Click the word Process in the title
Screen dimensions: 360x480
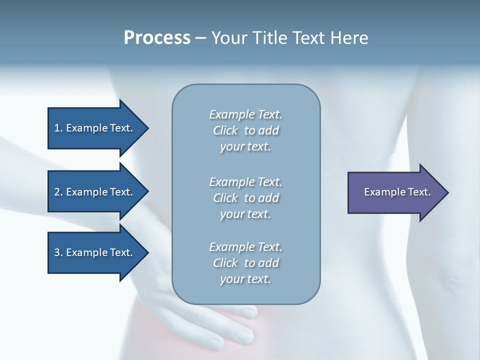pyautogui.click(x=157, y=38)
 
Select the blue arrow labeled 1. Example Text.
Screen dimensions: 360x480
pyautogui.click(x=93, y=128)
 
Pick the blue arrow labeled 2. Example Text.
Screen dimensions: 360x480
pyautogui.click(x=93, y=192)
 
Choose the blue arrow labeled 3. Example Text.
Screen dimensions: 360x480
pyautogui.click(x=93, y=252)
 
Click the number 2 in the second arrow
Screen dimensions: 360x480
pyautogui.click(x=56, y=192)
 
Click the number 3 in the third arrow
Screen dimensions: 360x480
pyautogui.click(x=56, y=252)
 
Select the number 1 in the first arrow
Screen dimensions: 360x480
pyautogui.click(x=56, y=128)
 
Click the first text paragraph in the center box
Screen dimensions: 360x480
pyautogui.click(x=245, y=130)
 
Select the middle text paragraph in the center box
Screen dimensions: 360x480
pyautogui.click(x=245, y=198)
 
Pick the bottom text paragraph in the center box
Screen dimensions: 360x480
pyautogui.click(x=245, y=263)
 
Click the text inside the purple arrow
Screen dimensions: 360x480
pyautogui.click(x=397, y=192)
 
